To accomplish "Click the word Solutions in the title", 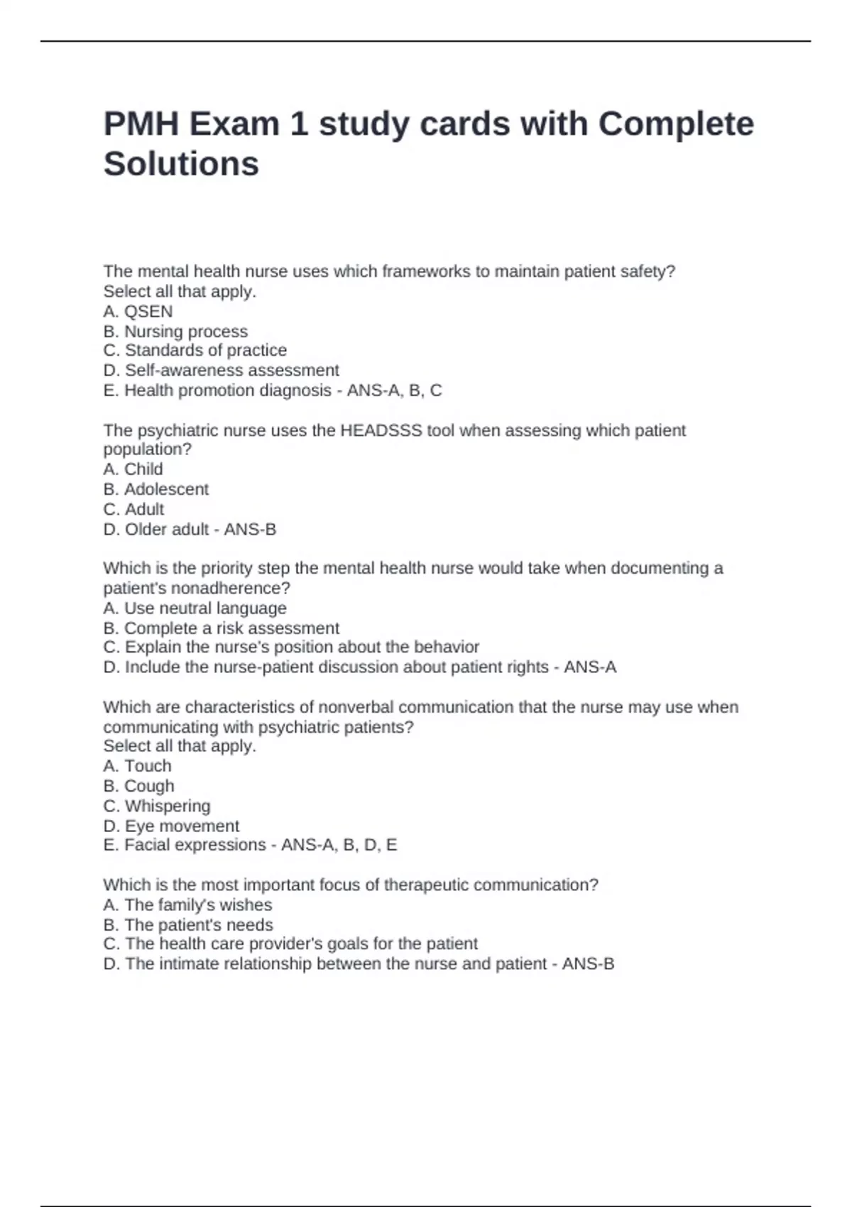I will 181,164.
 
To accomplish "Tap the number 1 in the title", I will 298,124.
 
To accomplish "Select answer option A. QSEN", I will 138,312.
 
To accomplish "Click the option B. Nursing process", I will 175,332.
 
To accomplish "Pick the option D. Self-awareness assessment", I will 221,371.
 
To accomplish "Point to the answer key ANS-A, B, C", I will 394,390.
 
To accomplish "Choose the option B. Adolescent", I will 155,489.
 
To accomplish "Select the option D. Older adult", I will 156,530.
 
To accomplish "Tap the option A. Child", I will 133,469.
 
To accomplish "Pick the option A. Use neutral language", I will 195,608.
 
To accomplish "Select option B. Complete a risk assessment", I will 221,628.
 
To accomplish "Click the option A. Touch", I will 137,766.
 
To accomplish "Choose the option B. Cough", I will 138,786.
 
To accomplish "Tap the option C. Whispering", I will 156,807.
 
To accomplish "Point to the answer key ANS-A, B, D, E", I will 339,845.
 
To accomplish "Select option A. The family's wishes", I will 187,905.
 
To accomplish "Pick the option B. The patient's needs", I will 188,925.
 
